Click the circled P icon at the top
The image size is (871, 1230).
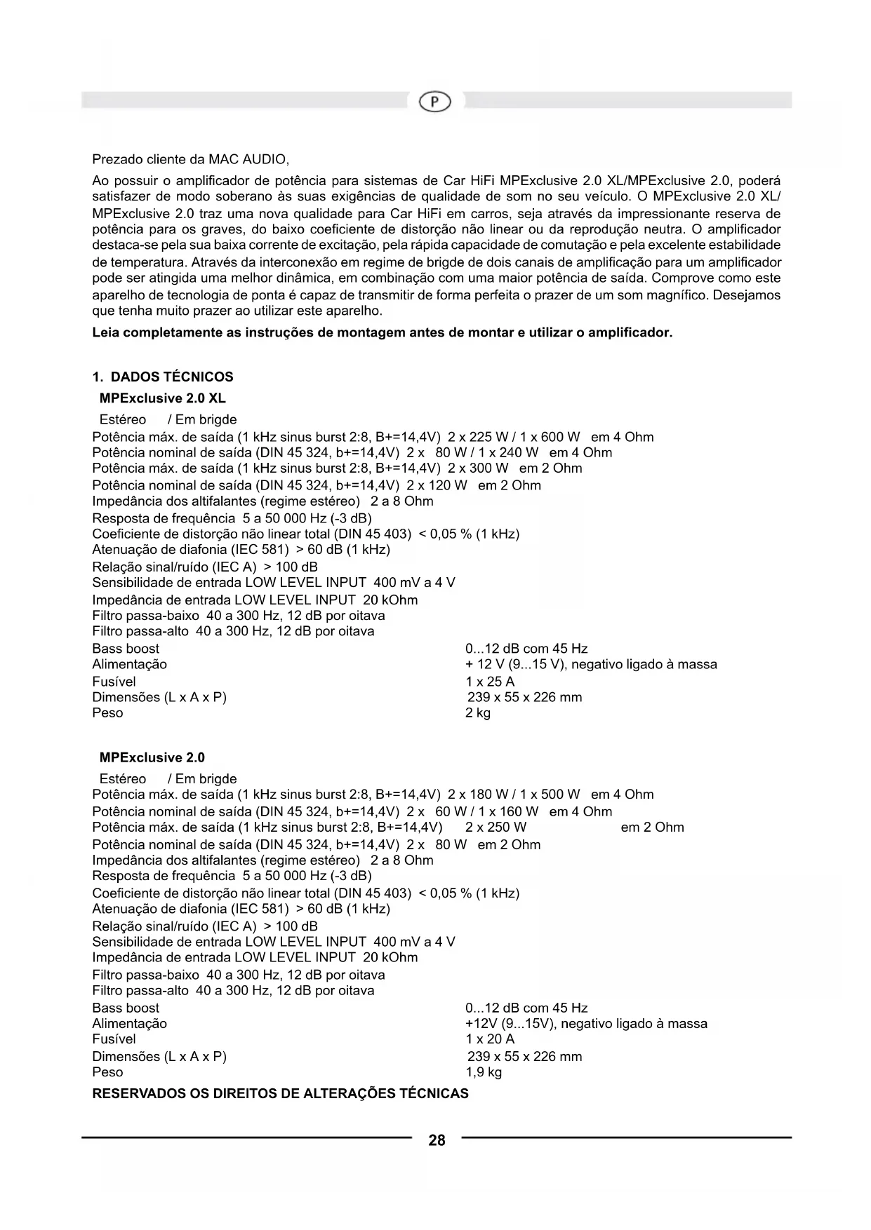tap(435, 102)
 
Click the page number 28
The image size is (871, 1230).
tap(437, 1140)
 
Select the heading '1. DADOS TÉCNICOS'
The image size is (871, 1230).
tap(163, 377)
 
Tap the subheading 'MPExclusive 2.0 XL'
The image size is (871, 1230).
tap(163, 398)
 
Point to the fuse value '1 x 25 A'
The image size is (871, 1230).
tap(490, 682)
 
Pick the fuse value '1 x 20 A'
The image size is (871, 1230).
tap(490, 1039)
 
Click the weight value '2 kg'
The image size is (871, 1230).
tap(478, 713)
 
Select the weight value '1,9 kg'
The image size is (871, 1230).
tap(484, 1072)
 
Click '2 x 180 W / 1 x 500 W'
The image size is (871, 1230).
tap(514, 795)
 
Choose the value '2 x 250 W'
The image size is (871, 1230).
tap(496, 827)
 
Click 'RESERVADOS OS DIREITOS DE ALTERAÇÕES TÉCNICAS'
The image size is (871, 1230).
tap(281, 1094)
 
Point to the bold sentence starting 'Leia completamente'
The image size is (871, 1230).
tap(383, 332)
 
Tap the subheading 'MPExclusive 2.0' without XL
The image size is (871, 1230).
tap(152, 757)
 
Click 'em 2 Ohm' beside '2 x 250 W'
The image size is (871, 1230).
tap(652, 827)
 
